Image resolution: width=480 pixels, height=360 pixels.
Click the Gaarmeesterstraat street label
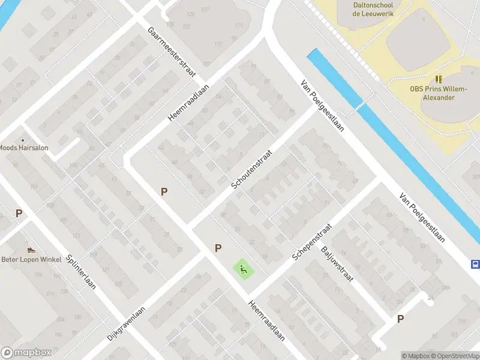(x=173, y=52)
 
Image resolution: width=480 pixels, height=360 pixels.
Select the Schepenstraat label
(x=312, y=238)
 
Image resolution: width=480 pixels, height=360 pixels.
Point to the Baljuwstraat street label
(x=337, y=263)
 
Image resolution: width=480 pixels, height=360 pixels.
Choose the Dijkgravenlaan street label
(x=128, y=321)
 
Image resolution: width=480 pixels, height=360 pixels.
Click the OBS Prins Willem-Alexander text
(x=439, y=93)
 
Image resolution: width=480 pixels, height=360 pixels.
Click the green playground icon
(x=244, y=269)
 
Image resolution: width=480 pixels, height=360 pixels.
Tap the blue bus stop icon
(x=475, y=264)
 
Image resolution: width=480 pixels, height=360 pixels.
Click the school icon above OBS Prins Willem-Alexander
(x=439, y=79)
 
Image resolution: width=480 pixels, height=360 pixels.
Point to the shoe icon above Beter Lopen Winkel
(x=31, y=249)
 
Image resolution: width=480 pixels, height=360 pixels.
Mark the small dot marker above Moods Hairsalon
(x=23, y=139)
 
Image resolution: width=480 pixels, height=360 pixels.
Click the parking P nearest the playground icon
(x=218, y=248)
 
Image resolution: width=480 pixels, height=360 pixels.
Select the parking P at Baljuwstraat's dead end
(x=400, y=319)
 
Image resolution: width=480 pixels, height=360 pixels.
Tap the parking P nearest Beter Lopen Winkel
(x=19, y=213)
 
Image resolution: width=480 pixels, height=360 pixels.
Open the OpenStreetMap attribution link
(x=455, y=356)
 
